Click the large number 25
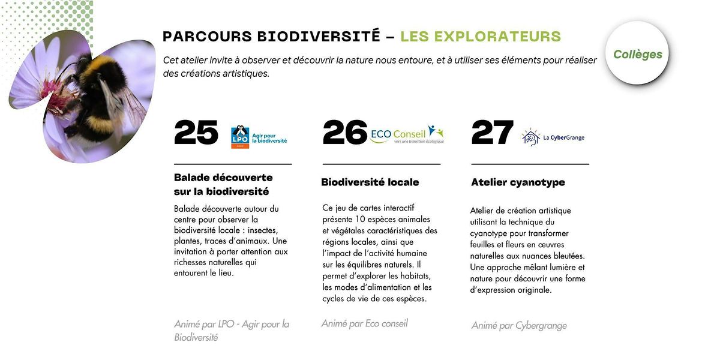pos(196,133)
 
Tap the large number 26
pos(345,133)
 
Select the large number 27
pos(493,133)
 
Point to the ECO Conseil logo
pos(407,134)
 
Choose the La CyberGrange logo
pos(553,137)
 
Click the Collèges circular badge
pos(637,55)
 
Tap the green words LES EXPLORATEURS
pos(481,36)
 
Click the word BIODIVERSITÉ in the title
pos(319,36)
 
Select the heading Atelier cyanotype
pos(518,182)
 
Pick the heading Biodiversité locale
pos(370,182)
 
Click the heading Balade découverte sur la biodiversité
pos(223,185)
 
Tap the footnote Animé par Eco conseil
pos(364,323)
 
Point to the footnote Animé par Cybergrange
pos(519,326)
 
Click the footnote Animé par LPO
pos(231,331)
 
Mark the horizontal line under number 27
pos(530,164)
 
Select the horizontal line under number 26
pos(381,164)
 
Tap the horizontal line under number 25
pos(233,164)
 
